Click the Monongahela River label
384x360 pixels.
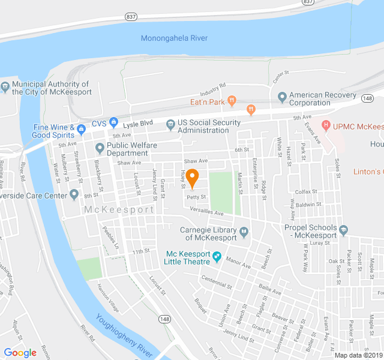click(174, 38)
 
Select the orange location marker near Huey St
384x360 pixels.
click(192, 178)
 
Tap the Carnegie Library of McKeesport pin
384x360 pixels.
click(244, 232)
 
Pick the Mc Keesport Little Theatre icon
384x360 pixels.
click(217, 257)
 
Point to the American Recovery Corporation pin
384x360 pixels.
click(282, 97)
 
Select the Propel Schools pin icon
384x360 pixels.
click(343, 229)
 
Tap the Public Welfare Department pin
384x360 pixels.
click(100, 147)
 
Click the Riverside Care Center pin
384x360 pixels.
click(74, 194)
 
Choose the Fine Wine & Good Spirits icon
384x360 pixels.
click(82, 128)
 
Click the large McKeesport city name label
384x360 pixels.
click(119, 209)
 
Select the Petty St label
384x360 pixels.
click(196, 196)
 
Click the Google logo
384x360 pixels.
click(20, 353)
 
